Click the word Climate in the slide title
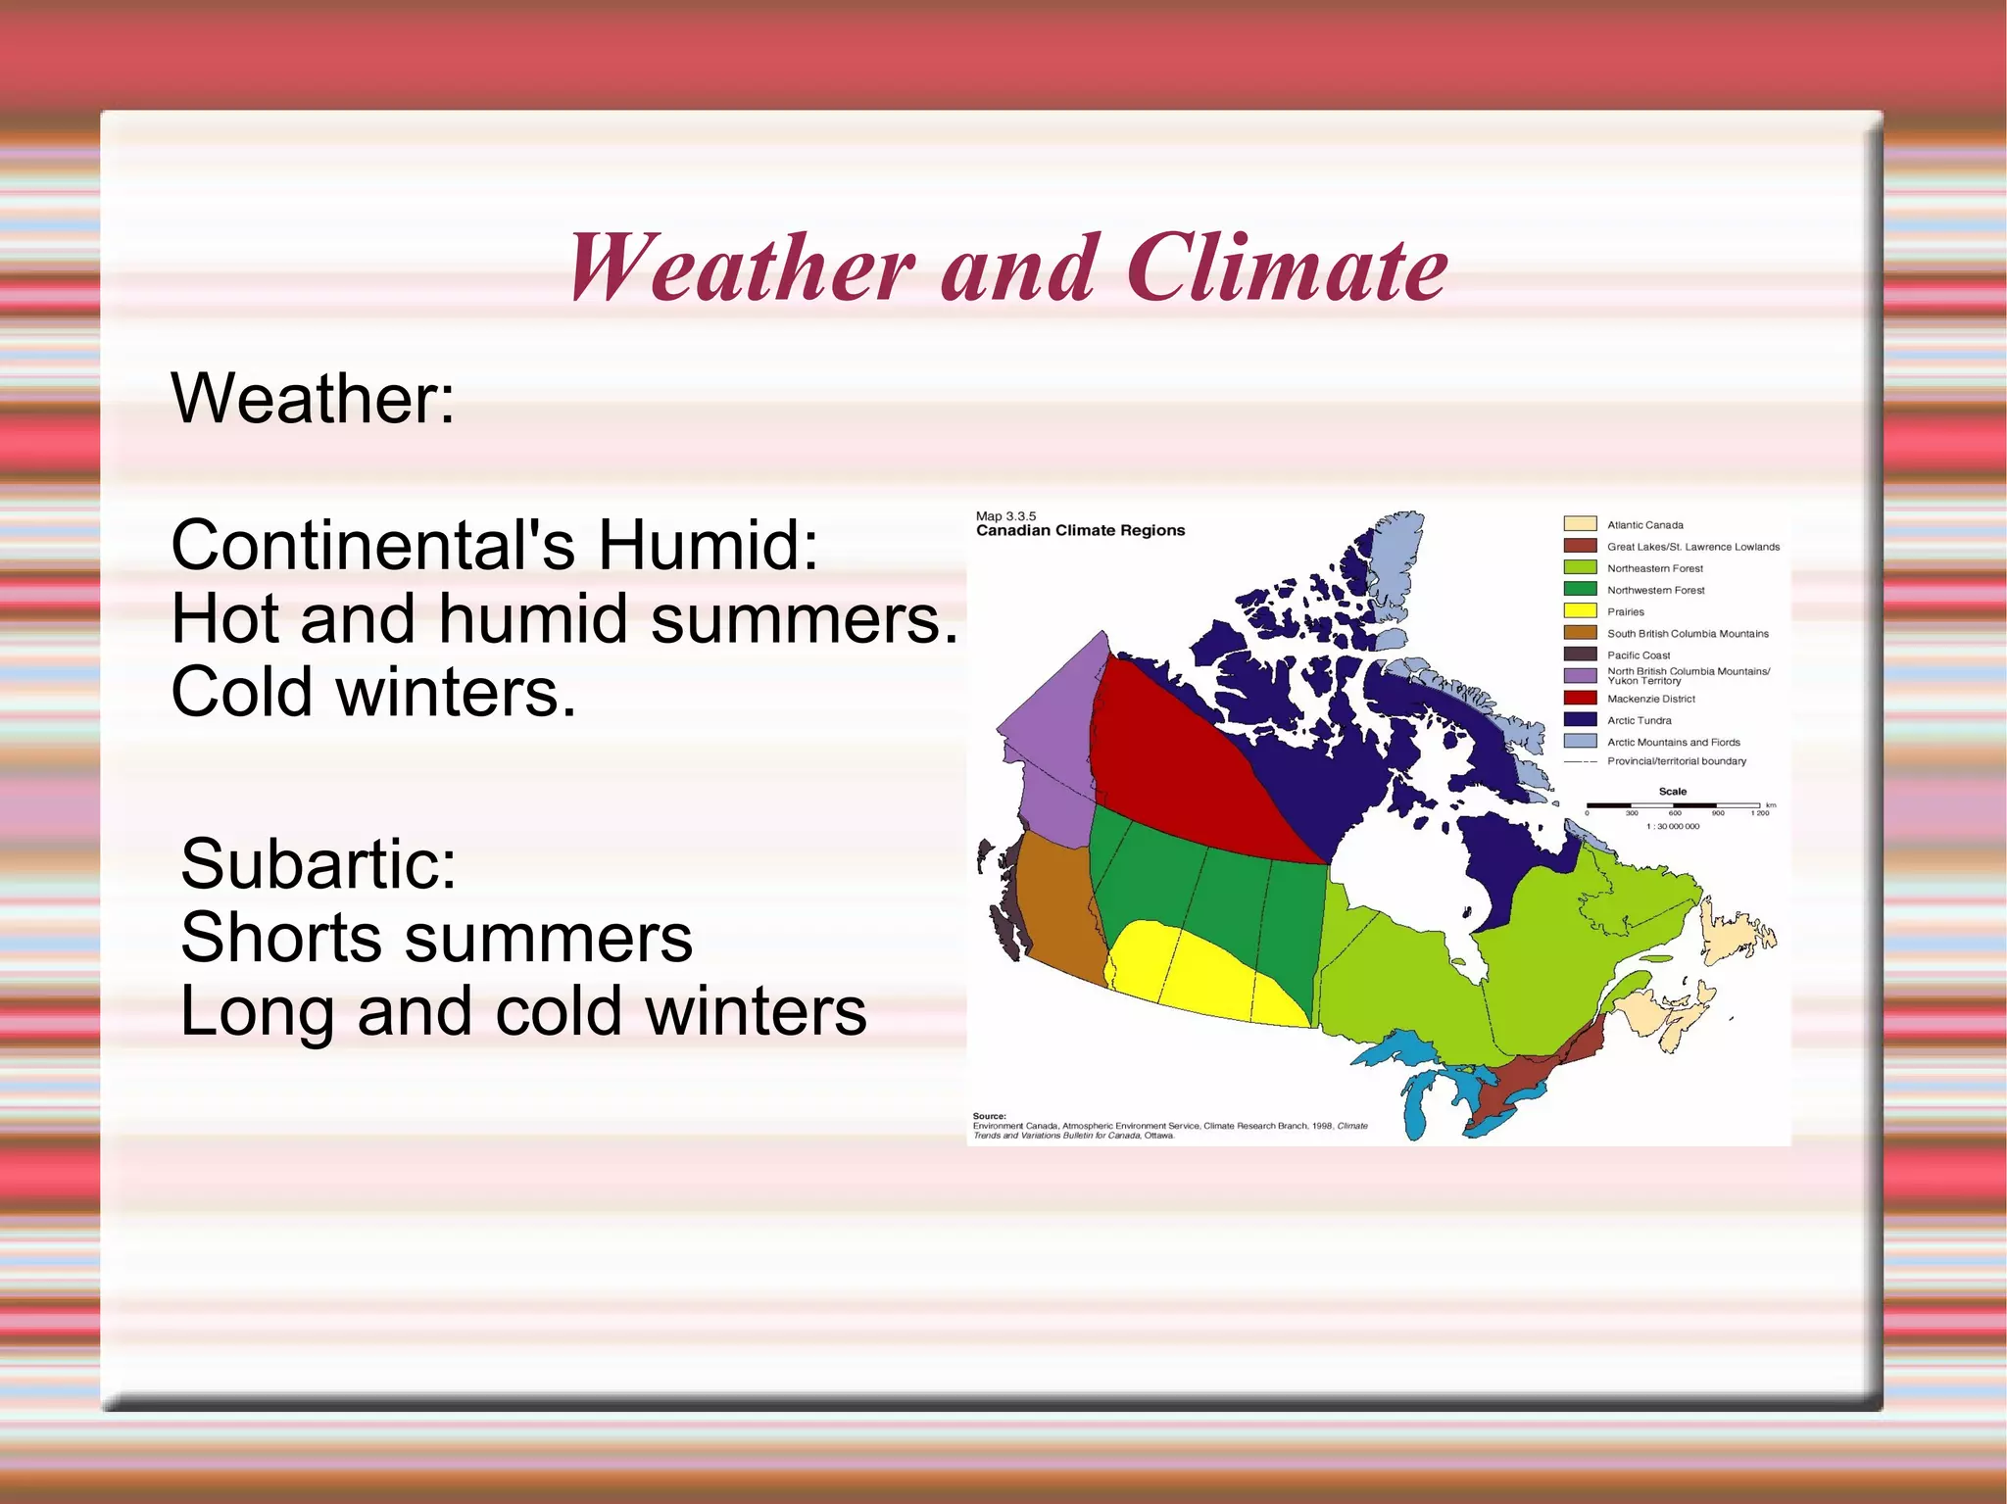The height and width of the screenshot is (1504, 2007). pyautogui.click(x=1286, y=267)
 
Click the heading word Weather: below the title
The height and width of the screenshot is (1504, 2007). pyautogui.click(x=313, y=399)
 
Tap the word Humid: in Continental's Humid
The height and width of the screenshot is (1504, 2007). pyautogui.click(x=708, y=545)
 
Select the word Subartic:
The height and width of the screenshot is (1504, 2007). pyautogui.click(x=318, y=864)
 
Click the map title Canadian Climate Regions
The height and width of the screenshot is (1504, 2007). pyautogui.click(x=1080, y=530)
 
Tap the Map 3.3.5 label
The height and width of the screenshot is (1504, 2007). pyautogui.click(x=1005, y=515)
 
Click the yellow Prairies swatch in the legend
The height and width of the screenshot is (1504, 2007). pyautogui.click(x=1580, y=611)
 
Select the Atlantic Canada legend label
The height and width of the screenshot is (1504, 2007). pyautogui.click(x=1644, y=525)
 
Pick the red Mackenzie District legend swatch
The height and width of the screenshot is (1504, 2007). pyautogui.click(x=1580, y=699)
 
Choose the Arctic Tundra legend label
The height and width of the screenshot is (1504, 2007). pyautogui.click(x=1639, y=720)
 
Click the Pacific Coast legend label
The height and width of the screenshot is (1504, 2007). pyautogui.click(x=1638, y=655)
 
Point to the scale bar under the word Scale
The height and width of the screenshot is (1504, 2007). pyautogui.click(x=1673, y=805)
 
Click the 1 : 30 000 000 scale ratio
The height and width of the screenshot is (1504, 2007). pyautogui.click(x=1673, y=827)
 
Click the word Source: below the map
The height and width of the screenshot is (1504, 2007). pyautogui.click(x=989, y=1116)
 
